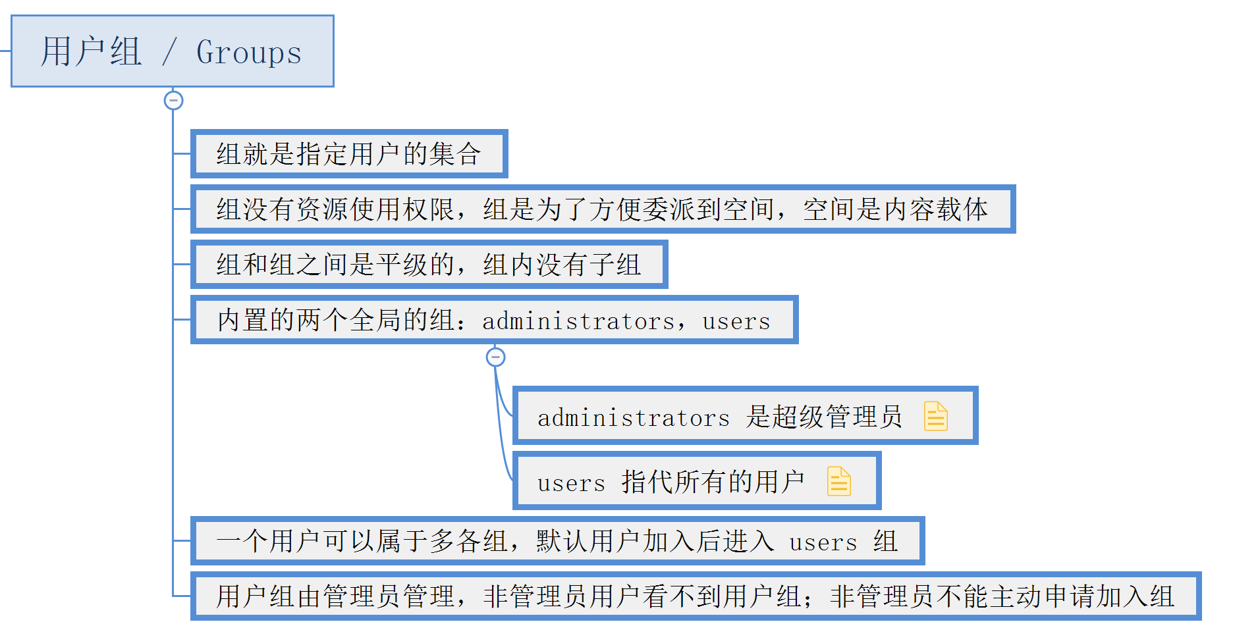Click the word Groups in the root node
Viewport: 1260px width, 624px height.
point(249,53)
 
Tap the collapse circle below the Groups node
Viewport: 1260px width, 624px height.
point(173,101)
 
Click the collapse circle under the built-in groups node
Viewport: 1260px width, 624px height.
point(495,357)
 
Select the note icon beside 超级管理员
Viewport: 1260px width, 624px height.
point(935,416)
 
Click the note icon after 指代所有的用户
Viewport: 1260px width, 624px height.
point(838,481)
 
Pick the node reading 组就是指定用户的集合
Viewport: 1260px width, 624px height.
point(348,154)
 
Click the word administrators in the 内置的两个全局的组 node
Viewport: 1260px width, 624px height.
point(578,321)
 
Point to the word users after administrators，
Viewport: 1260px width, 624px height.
point(736,321)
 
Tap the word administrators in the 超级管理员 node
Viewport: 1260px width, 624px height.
point(633,417)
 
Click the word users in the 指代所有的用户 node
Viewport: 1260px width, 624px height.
point(570,483)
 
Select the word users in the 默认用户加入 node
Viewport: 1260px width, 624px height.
point(823,542)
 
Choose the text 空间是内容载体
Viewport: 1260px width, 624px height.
point(895,209)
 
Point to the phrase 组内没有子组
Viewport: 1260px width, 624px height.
point(562,265)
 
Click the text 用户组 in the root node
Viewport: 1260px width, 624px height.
point(91,52)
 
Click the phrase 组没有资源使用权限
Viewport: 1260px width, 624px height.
point(335,209)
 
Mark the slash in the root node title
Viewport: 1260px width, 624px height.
point(169,52)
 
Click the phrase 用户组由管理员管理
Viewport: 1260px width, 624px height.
point(335,596)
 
